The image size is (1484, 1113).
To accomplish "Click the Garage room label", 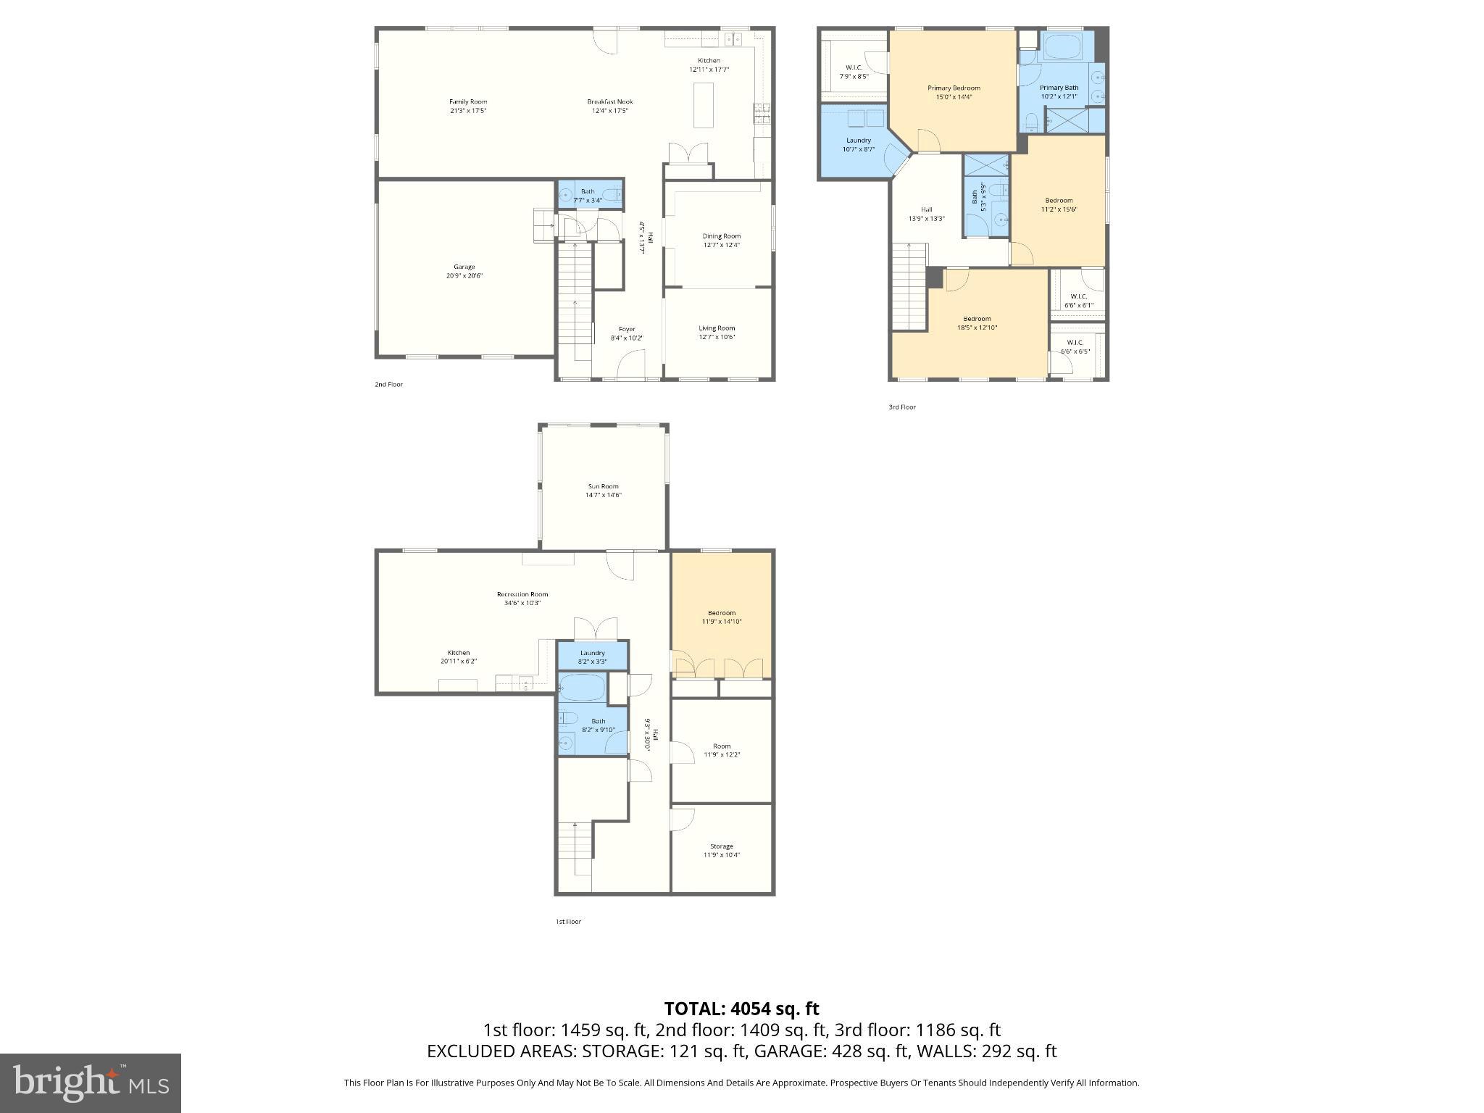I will pos(464,271).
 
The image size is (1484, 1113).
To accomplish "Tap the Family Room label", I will pos(467,106).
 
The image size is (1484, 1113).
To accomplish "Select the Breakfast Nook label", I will pos(609,106).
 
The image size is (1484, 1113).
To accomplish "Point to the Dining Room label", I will pos(721,240).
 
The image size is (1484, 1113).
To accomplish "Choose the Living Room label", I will pos(717,332).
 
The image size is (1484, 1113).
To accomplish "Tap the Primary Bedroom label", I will pos(954,92).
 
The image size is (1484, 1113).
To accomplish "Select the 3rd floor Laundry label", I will pos(858,144).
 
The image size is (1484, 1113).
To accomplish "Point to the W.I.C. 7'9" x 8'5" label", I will pos(854,71).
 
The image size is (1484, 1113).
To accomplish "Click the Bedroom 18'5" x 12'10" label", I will pos(977,322).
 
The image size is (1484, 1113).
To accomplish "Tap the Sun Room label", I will pos(603,491).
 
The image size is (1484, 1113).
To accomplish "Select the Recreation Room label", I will pos(522,598).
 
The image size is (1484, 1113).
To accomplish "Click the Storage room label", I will pos(721,850).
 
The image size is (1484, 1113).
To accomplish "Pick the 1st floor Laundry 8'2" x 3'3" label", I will pos(592,656).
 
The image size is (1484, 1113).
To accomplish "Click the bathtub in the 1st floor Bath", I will pos(582,688).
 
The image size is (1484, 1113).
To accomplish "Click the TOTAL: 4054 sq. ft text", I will pos(741,1008).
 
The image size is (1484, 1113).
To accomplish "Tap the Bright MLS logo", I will pos(91,1083).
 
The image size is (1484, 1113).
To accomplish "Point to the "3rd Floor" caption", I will pos(902,407).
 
